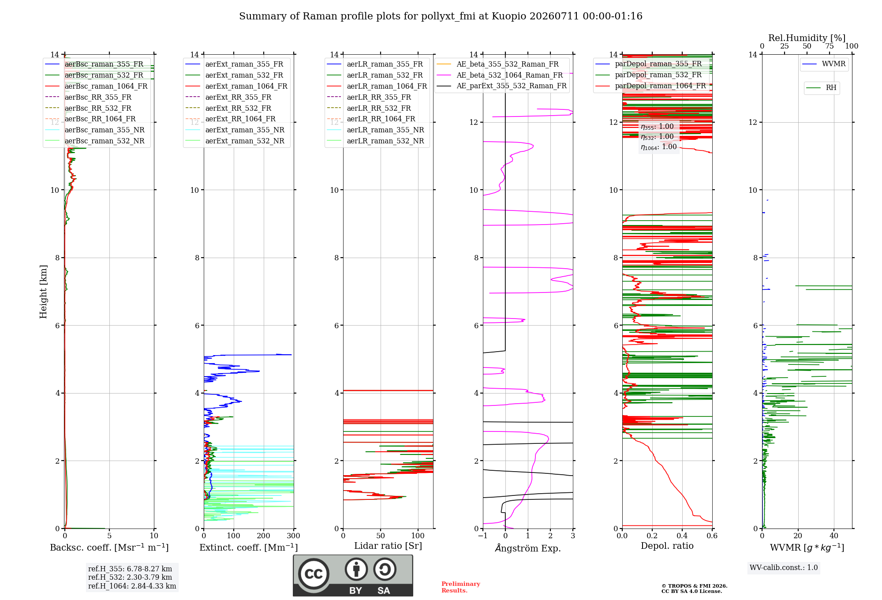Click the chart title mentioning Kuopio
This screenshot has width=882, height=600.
click(441, 16)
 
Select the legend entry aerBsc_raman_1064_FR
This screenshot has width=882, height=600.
click(106, 86)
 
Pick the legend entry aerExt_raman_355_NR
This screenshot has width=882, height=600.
click(245, 130)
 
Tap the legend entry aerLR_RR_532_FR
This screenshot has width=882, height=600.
click(379, 108)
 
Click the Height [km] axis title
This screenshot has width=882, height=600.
click(43, 292)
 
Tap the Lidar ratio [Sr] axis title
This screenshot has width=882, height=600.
click(388, 546)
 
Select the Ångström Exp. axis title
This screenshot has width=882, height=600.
click(528, 548)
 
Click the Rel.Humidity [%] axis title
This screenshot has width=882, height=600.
click(807, 38)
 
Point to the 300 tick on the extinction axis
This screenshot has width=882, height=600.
click(293, 536)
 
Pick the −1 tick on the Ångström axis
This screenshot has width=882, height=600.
click(483, 536)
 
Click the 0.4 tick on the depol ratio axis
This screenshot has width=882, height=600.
click(682, 536)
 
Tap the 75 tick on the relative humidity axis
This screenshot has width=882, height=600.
click(830, 46)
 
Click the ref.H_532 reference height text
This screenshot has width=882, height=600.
click(130, 577)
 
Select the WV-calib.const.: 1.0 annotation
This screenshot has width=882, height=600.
click(784, 567)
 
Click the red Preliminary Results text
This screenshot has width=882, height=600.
click(461, 587)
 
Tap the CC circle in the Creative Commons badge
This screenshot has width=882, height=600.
click(314, 574)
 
